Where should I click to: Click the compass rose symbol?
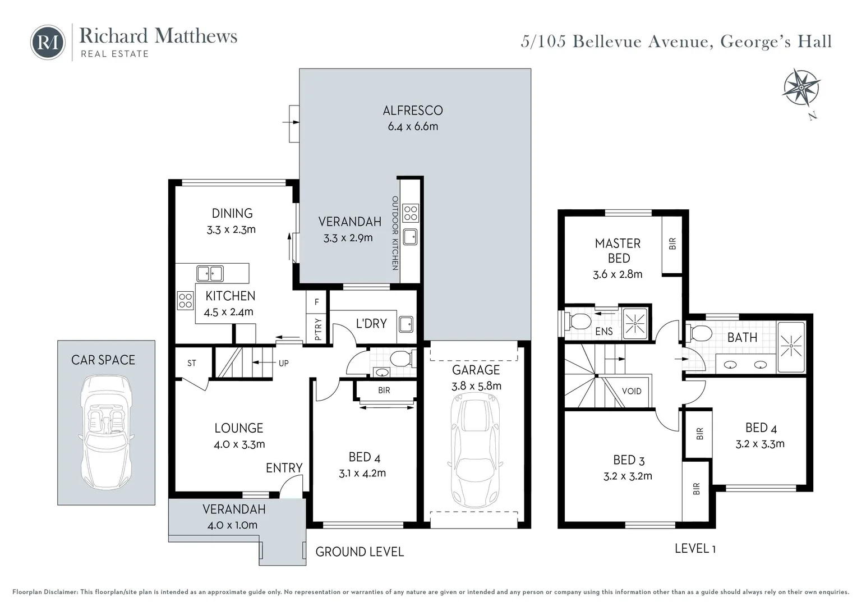tap(801, 88)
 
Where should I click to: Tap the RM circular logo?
tap(48, 42)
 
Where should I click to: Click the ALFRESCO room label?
tap(413, 111)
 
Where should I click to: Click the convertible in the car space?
tap(106, 432)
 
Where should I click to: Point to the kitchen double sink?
tap(210, 273)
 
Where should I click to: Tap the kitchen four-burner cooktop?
tap(185, 300)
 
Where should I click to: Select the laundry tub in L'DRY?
tap(406, 324)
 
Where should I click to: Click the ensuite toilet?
tap(578, 322)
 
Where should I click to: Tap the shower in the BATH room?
tap(791, 347)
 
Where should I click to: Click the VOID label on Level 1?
tap(632, 391)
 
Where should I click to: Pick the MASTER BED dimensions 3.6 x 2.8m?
tap(618, 274)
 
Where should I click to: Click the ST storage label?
tap(192, 363)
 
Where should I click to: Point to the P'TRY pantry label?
tap(318, 329)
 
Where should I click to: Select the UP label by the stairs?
tap(284, 363)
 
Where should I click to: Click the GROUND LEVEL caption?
tap(360, 552)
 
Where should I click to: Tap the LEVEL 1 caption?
tap(695, 548)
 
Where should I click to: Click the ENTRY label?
tap(284, 467)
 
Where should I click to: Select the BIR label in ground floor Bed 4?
tap(384, 390)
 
